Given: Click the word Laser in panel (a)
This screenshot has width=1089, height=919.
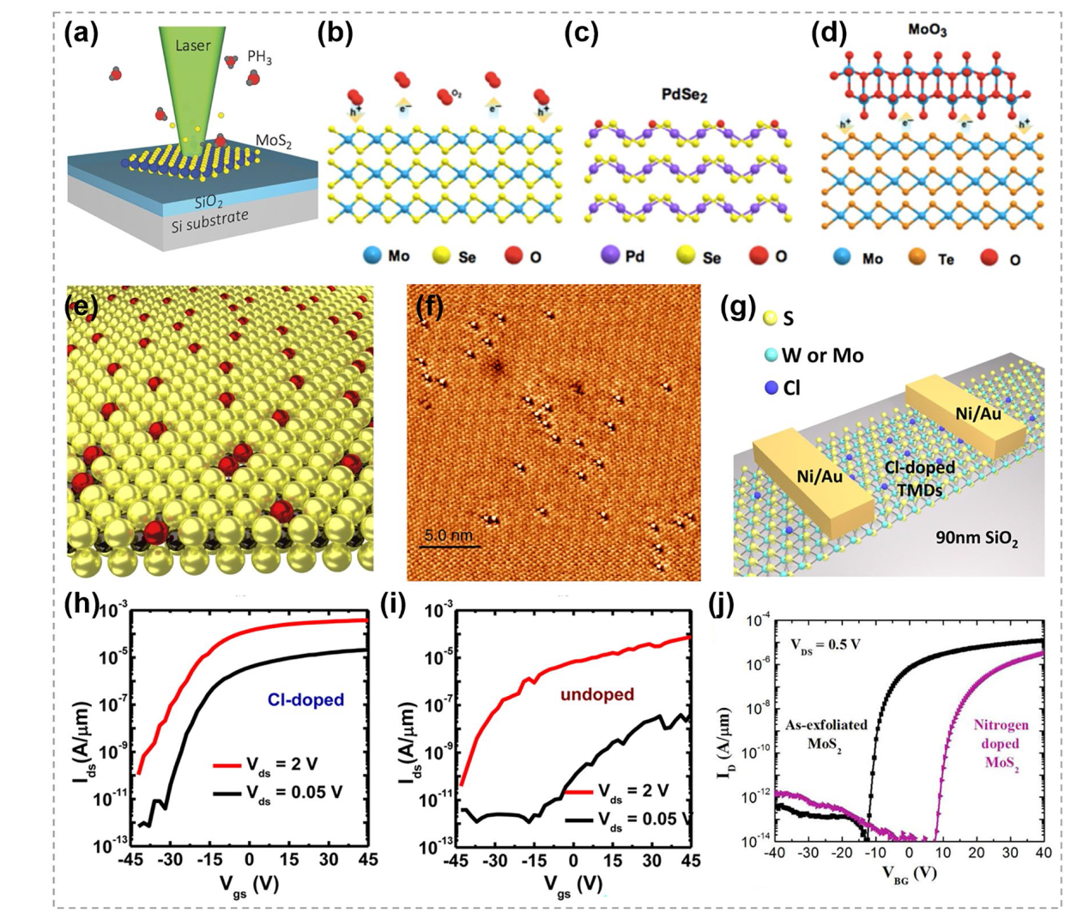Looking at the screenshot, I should click(192, 45).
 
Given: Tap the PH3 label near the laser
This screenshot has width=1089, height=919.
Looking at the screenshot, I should click(259, 57).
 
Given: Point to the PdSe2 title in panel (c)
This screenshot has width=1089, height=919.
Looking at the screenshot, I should click(684, 94).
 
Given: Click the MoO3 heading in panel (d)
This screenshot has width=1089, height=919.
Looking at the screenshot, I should click(927, 31).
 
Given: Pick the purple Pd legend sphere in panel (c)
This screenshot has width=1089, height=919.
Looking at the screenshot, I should click(610, 256).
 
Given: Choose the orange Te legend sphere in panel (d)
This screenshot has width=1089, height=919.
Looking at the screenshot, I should click(917, 257).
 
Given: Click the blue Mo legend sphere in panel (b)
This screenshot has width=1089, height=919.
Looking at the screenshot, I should click(371, 256).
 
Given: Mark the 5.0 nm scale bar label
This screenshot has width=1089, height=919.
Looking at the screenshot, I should click(448, 535).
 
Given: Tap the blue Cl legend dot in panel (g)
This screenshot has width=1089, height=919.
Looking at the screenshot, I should click(771, 388).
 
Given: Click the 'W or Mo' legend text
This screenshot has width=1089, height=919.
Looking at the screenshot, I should click(822, 355).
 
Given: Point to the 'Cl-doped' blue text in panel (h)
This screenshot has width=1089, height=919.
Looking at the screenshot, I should click(306, 699).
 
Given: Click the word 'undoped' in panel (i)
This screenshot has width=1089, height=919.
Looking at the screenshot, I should click(596, 693).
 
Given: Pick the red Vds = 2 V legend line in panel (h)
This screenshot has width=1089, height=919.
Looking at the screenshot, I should click(228, 764).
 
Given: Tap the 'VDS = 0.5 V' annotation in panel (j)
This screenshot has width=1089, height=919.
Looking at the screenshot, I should click(826, 644).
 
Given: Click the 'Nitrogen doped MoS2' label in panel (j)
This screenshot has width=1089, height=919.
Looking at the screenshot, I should click(1001, 744).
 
